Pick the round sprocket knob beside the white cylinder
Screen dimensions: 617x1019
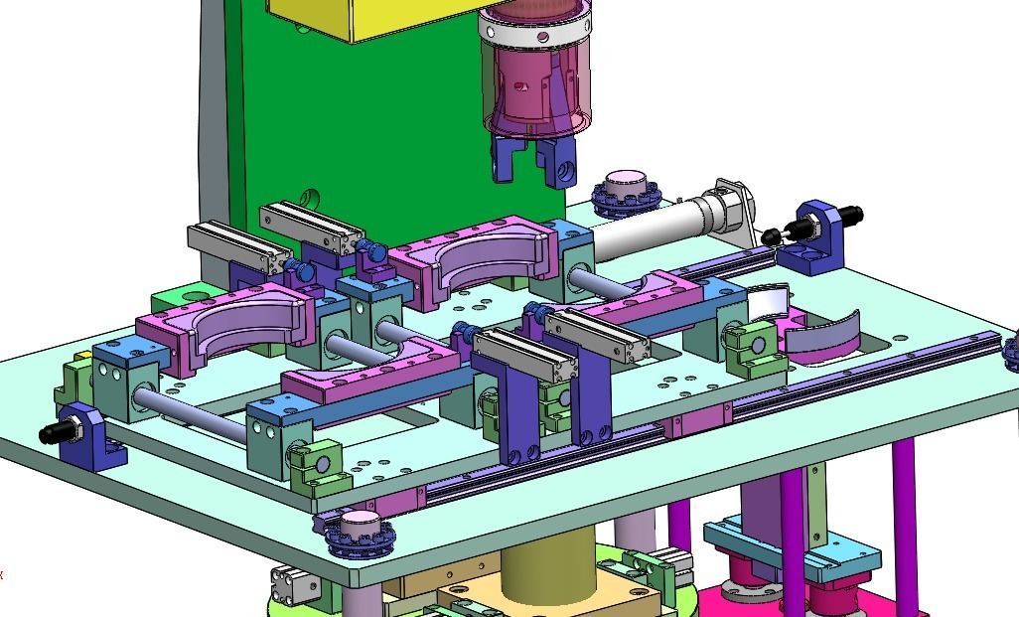626,192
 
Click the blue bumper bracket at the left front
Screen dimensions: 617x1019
94,436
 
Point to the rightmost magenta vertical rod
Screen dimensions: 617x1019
904,517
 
